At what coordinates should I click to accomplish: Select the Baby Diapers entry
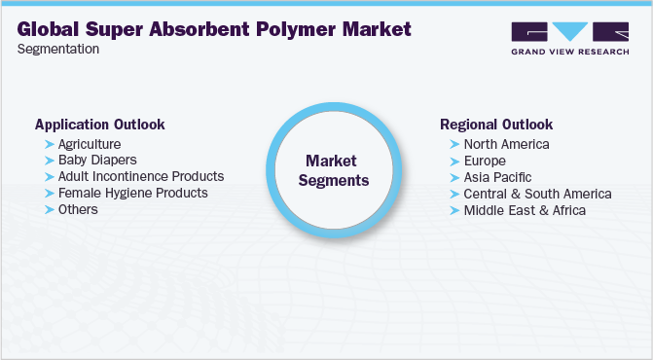(97, 160)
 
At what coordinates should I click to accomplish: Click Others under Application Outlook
(78, 209)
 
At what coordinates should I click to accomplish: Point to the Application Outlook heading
(99, 125)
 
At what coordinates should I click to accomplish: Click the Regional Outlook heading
(496, 125)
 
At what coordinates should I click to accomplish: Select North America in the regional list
(506, 144)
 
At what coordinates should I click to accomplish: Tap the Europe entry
(485, 161)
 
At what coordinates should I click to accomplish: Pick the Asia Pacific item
(498, 177)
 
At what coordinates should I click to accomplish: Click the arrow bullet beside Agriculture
(50, 144)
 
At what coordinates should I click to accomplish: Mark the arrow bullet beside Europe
(454, 161)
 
